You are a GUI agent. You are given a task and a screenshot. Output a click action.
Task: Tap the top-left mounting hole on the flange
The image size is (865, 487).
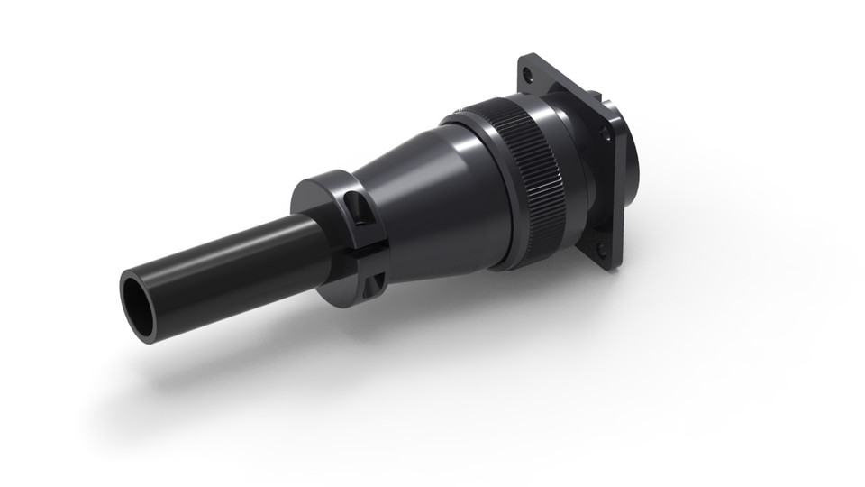tap(528, 73)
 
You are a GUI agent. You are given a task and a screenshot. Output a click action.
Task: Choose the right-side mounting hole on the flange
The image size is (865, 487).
tap(605, 133)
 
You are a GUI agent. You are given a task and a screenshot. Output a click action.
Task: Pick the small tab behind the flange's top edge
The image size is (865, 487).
tap(595, 91)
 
